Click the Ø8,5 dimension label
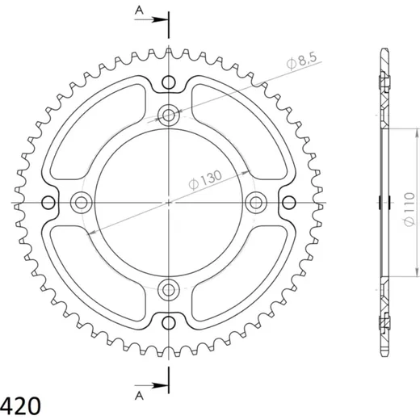click(302, 61)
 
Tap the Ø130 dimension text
click(205, 180)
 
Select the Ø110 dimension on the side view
click(409, 209)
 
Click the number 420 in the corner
click(20, 406)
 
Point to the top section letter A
click(139, 10)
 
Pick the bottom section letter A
click(139, 396)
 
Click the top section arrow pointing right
click(152, 19)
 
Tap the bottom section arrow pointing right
click(152, 385)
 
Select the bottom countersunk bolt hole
click(169, 290)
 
